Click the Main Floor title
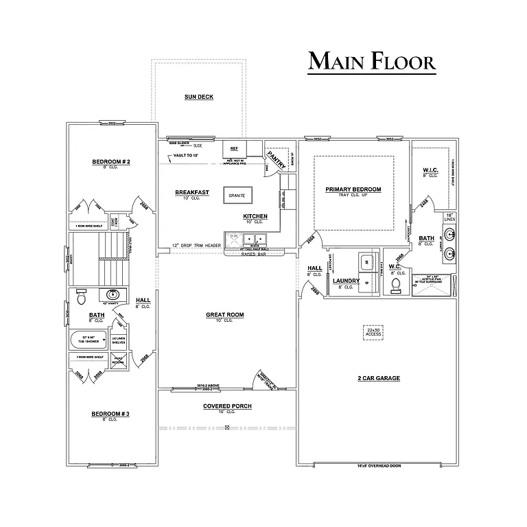(371, 61)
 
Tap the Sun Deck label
(198, 97)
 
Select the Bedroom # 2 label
(111, 162)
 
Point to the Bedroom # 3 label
(110, 414)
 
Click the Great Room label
(225, 315)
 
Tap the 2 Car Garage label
(379, 378)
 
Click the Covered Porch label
(227, 406)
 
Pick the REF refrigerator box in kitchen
(234, 148)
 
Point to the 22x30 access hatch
(373, 332)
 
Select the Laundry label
(346, 281)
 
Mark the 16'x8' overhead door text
(378, 466)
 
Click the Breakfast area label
(192, 192)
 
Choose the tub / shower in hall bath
(90, 339)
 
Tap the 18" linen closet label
(449, 217)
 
